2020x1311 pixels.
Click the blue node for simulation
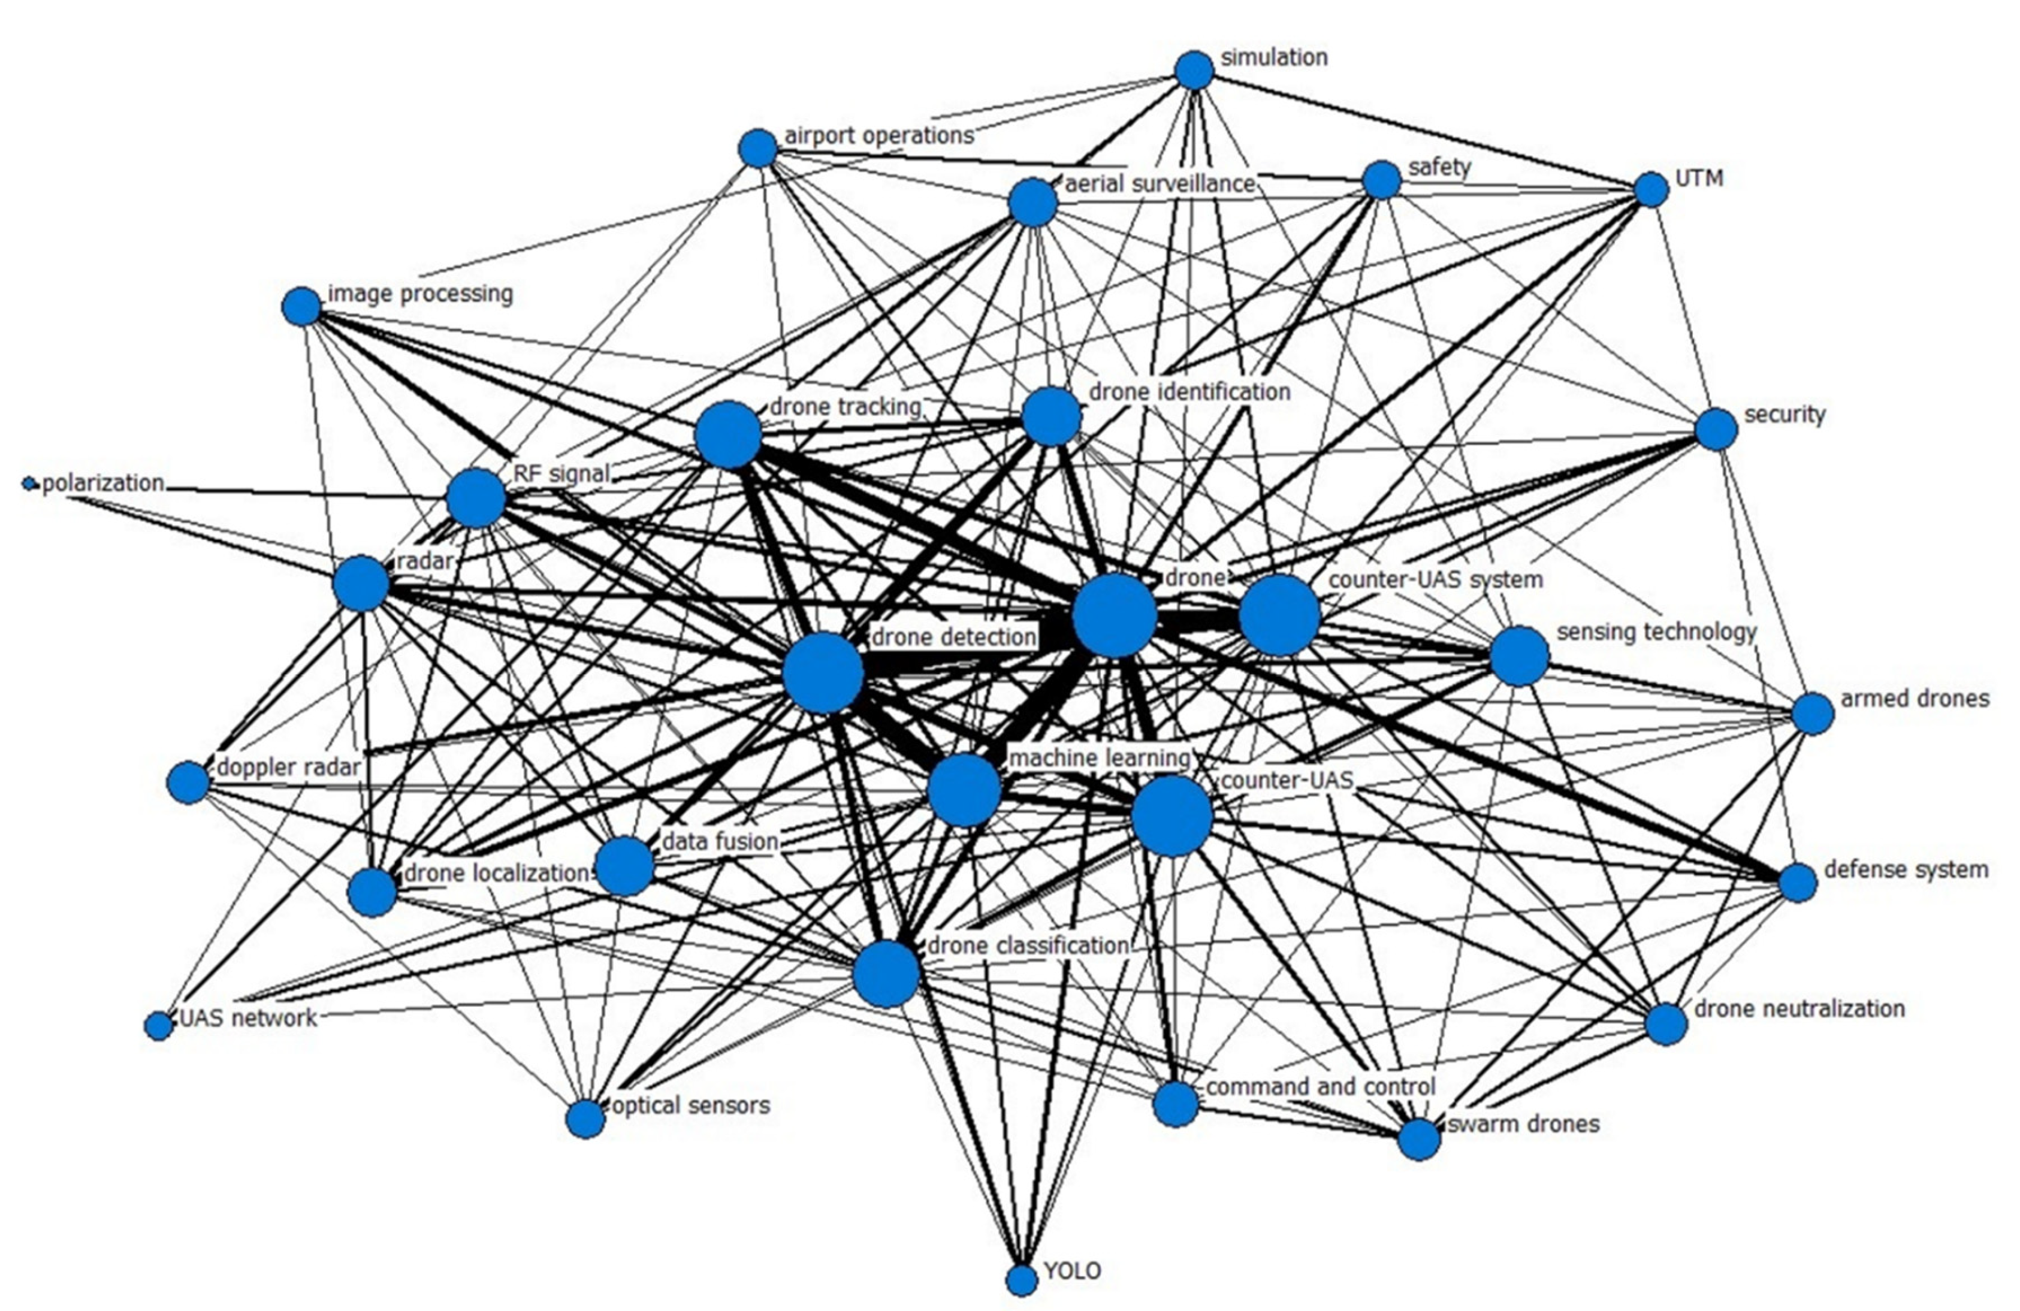(x=1194, y=71)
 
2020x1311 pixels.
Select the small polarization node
(x=31, y=484)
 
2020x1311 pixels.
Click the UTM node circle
(x=1651, y=189)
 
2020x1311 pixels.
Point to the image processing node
(x=301, y=306)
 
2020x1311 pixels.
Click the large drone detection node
(x=822, y=673)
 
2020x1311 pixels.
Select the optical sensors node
(x=585, y=1119)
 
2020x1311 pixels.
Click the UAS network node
(x=159, y=1026)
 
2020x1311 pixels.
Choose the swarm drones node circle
(x=1419, y=1139)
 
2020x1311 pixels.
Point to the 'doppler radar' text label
(x=289, y=767)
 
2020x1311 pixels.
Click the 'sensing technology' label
(x=1656, y=632)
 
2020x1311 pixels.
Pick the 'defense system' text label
(x=1906, y=870)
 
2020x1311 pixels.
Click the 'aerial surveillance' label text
(x=1160, y=183)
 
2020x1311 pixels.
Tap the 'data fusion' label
(x=720, y=842)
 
